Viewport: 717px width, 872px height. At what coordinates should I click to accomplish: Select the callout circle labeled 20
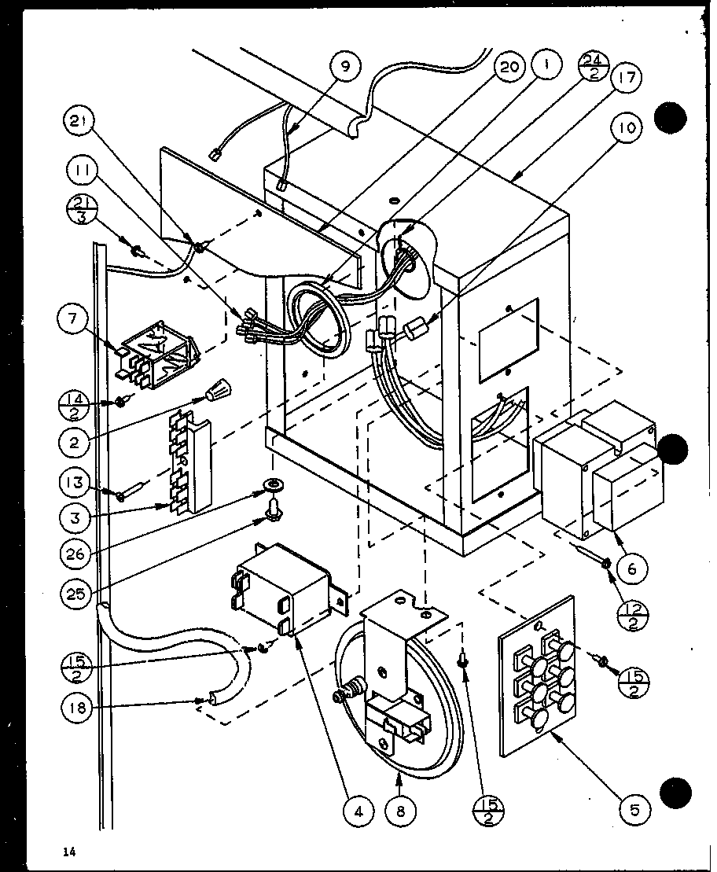(509, 67)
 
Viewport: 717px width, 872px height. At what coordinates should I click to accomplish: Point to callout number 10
(627, 127)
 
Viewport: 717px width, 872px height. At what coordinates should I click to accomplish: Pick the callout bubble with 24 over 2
(592, 68)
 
